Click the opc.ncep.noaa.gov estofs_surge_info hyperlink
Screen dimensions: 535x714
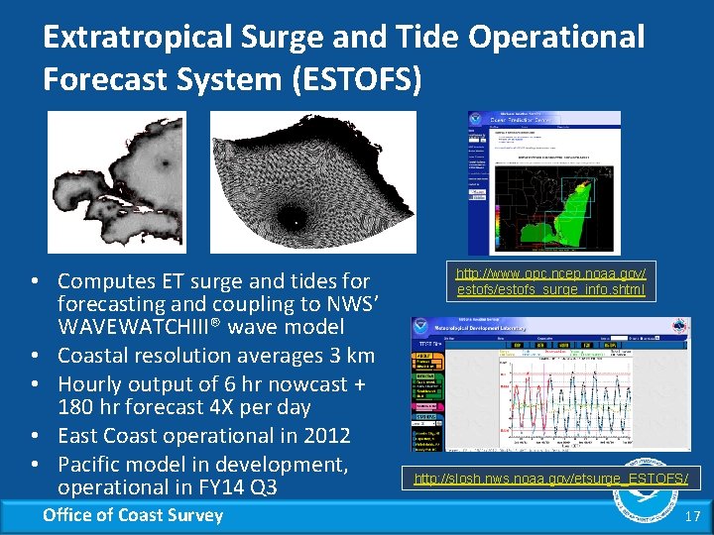pos(550,281)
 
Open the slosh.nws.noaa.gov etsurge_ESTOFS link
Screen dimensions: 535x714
pos(550,480)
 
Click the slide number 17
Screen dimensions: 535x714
pos(692,516)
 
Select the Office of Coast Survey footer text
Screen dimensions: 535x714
pos(133,514)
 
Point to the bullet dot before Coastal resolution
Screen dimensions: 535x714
pos(34,356)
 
